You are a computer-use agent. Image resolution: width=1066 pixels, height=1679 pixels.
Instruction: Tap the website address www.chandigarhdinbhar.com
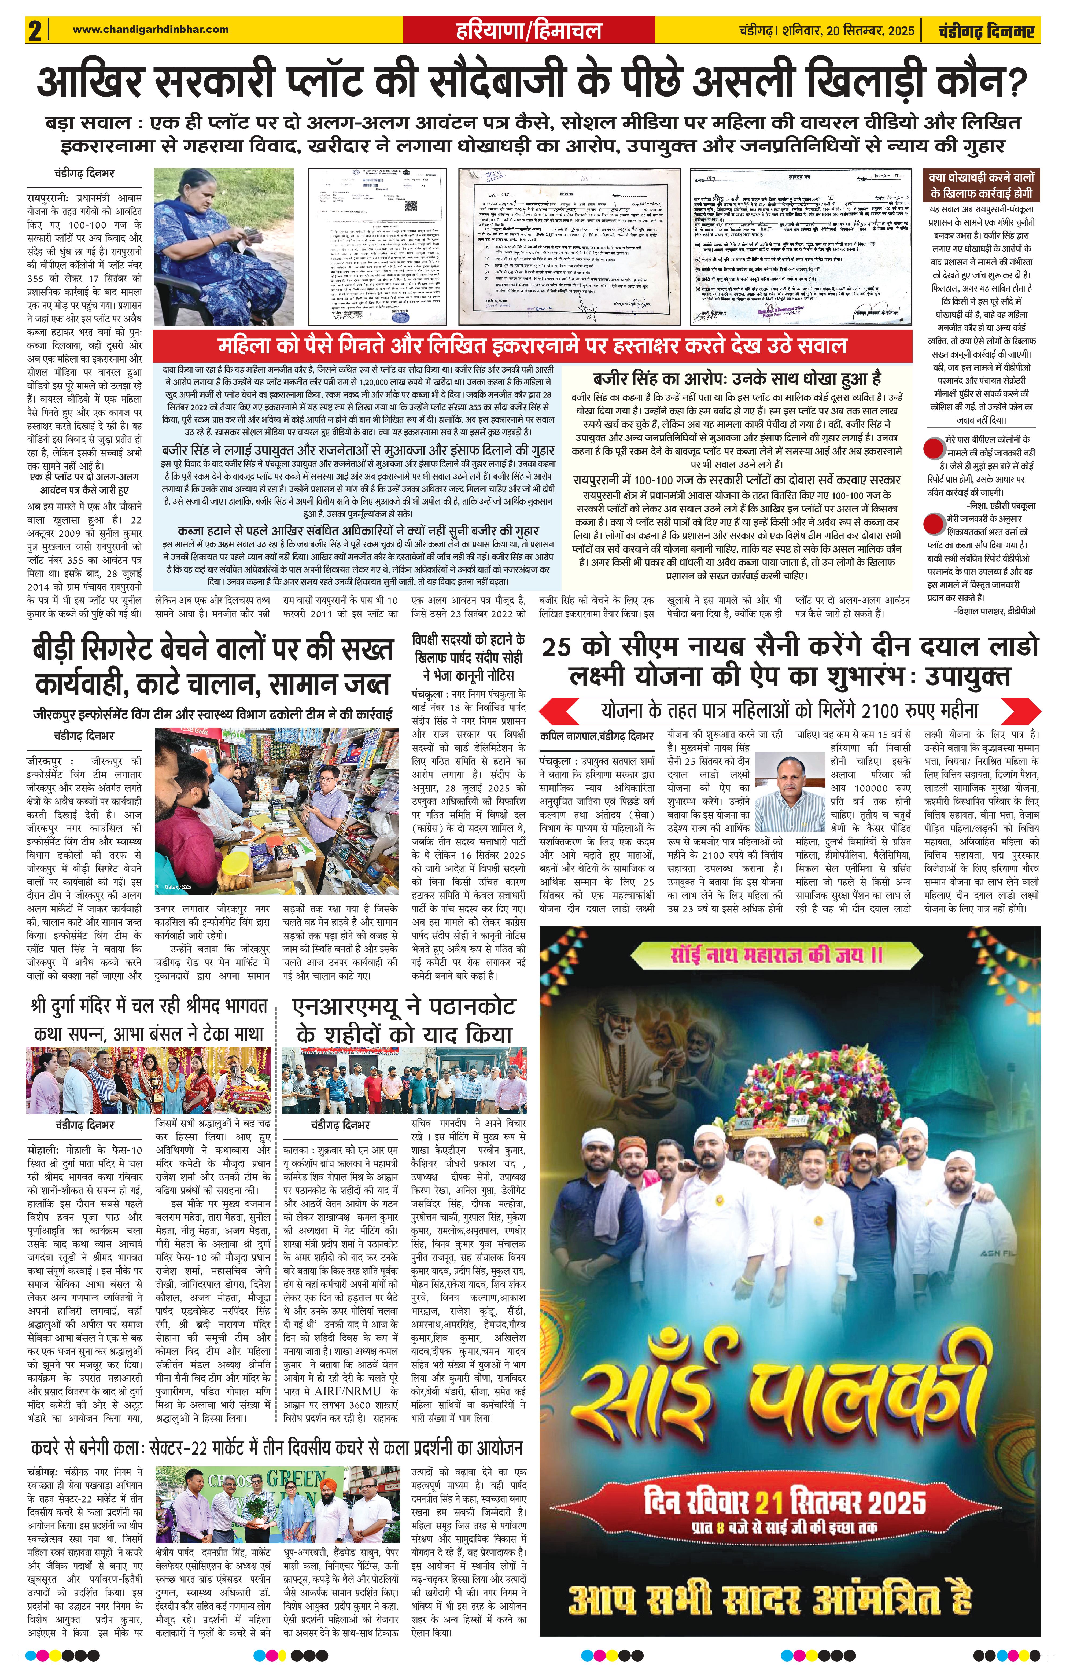click(151, 29)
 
